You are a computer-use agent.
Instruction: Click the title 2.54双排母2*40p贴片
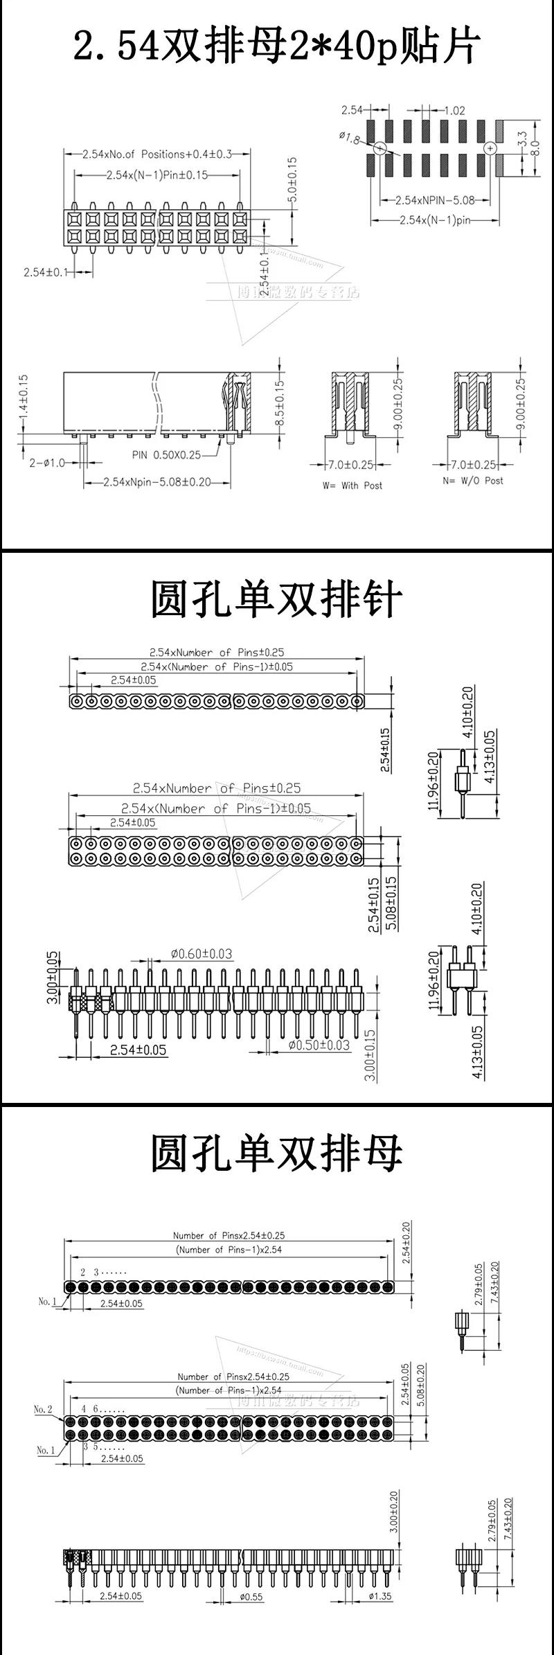[277, 47]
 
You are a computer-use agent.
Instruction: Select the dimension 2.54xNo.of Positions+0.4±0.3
[157, 154]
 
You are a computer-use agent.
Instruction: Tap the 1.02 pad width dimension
[454, 110]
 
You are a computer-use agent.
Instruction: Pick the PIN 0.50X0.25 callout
[166, 455]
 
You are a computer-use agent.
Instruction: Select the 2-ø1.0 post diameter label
[47, 463]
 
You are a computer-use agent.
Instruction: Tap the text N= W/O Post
[473, 480]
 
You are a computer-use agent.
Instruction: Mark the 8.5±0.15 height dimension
[280, 403]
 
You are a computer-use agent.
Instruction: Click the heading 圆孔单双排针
[277, 600]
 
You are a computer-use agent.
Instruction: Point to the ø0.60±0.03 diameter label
[201, 954]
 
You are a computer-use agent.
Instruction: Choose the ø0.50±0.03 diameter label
[319, 1045]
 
